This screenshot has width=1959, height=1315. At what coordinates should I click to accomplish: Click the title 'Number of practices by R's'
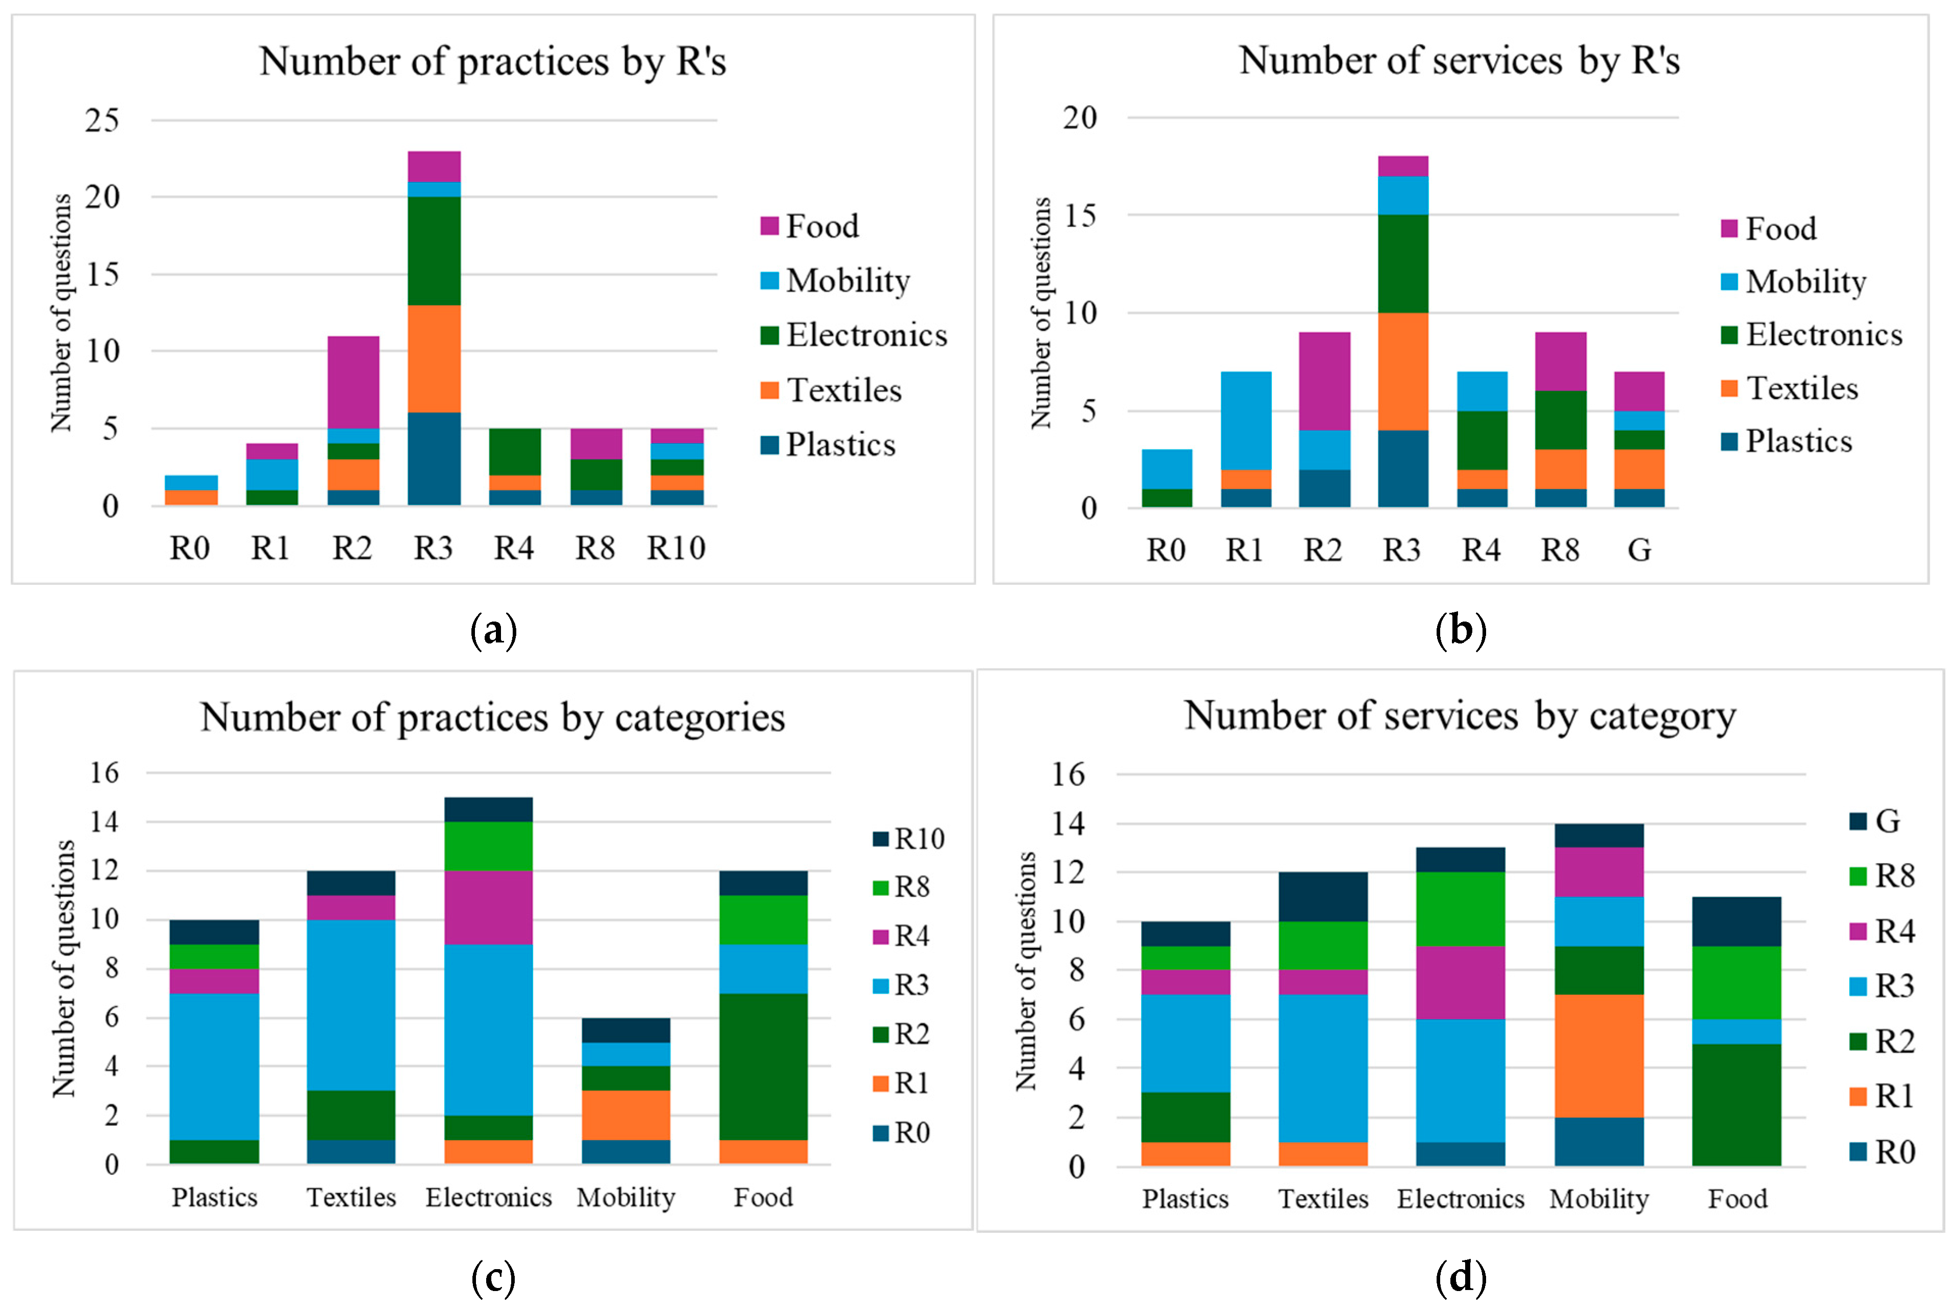(492, 61)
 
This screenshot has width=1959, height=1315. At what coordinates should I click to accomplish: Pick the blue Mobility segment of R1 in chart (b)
(1246, 419)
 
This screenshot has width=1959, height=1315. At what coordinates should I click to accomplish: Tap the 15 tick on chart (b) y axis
(1080, 216)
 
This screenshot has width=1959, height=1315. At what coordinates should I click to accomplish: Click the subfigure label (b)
(1461, 629)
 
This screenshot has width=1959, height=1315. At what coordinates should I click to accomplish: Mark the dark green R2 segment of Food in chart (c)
(764, 1067)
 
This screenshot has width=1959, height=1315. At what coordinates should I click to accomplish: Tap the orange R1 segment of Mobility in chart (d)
(1599, 1056)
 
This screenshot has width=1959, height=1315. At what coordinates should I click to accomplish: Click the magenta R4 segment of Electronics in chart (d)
(1461, 982)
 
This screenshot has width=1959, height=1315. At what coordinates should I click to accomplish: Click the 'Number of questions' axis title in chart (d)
(1026, 970)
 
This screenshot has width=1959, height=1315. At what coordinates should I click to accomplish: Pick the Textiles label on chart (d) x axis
(1323, 1198)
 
